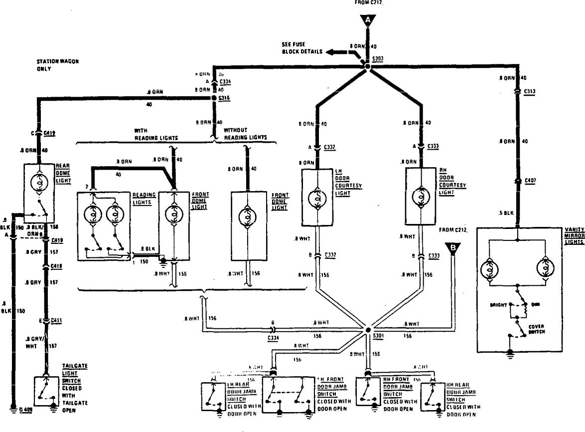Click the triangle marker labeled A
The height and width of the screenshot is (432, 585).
coord(368,20)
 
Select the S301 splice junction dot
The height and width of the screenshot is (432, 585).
coord(368,329)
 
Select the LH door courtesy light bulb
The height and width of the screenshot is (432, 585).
coord(317,198)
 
